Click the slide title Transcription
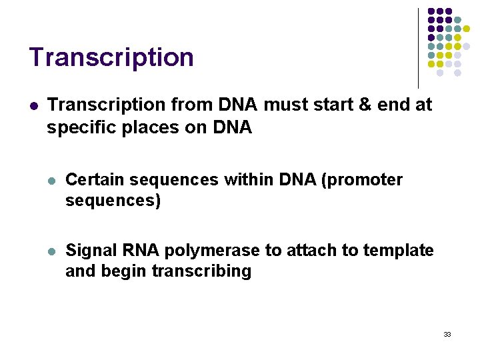click(x=111, y=58)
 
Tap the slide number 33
click(x=447, y=334)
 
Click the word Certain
click(x=95, y=180)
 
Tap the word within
click(x=251, y=180)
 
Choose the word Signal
click(x=89, y=251)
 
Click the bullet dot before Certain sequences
click(x=52, y=181)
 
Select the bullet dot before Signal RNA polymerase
click(x=52, y=251)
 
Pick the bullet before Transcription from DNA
click(x=33, y=105)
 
